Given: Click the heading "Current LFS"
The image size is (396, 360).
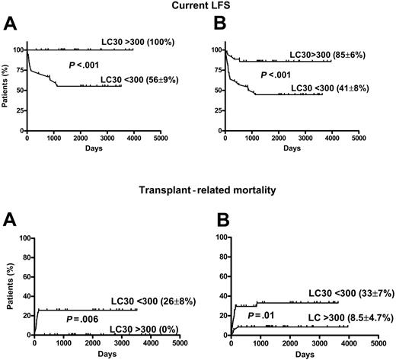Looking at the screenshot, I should pos(197,8).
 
